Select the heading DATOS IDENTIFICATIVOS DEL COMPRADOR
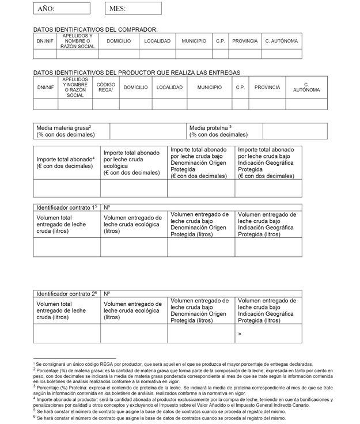point(96,29)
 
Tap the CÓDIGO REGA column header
point(106,88)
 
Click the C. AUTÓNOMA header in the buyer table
point(282,41)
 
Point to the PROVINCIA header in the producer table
point(267,88)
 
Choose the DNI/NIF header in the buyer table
point(45,41)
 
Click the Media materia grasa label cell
point(71,131)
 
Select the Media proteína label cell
point(224,131)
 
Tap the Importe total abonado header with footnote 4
point(67,163)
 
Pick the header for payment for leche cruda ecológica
point(134,163)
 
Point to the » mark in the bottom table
point(240,334)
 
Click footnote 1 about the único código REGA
point(173,364)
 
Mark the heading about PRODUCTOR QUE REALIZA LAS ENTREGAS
point(137,73)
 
